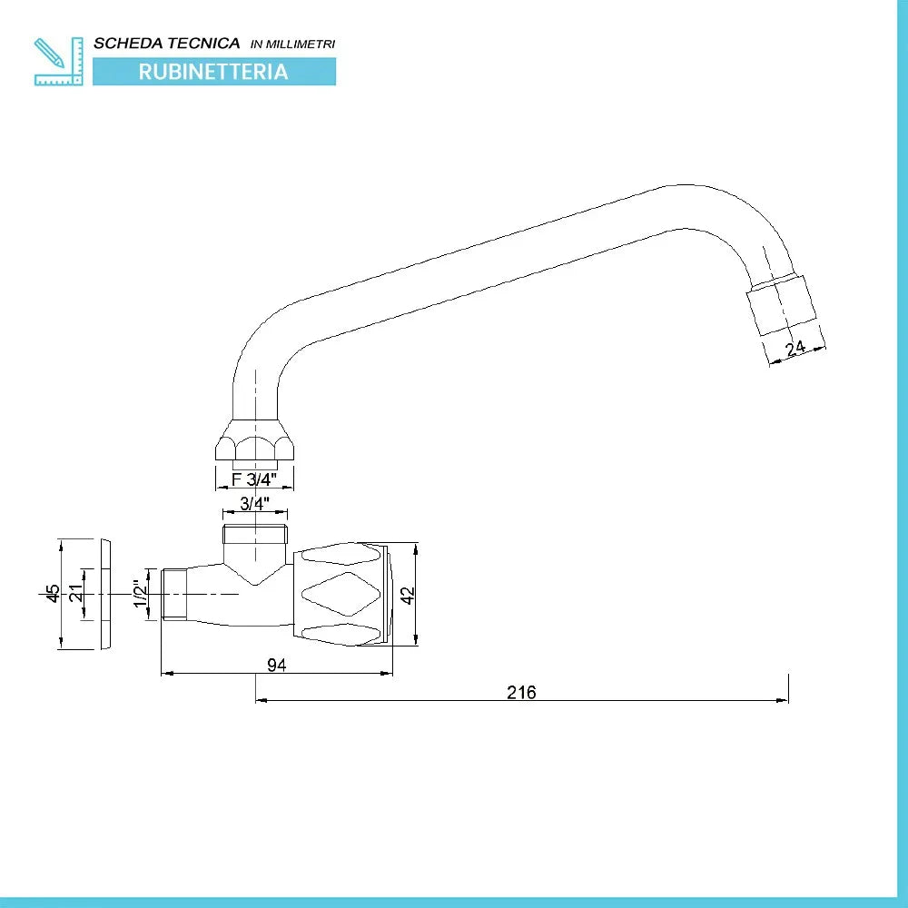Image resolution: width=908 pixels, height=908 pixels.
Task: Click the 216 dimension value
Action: point(521,692)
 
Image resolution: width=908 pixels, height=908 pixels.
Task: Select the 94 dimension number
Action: point(277,666)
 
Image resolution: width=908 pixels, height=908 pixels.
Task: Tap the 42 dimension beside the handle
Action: point(409,595)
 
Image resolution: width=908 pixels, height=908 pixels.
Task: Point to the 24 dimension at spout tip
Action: point(795,348)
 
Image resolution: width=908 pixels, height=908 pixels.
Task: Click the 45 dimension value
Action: point(53,593)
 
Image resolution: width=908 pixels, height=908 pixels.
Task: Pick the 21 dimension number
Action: point(76,593)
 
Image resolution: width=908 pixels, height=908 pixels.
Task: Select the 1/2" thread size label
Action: point(140,594)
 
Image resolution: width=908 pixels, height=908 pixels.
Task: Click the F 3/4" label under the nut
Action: point(254,479)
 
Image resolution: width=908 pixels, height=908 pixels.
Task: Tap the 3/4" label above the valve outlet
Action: point(255,503)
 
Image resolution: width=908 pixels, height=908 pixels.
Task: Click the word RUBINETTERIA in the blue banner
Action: point(213,72)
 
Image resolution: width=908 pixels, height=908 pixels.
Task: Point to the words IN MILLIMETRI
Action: point(293,44)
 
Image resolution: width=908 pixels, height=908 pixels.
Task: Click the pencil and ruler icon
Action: point(58,62)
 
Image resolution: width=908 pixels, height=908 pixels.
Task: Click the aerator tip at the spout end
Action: point(782,305)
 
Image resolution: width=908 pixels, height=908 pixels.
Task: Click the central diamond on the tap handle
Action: point(341,594)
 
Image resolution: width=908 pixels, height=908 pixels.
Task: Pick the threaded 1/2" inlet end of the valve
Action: point(174,594)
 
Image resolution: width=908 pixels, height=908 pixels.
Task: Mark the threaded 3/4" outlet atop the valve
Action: point(255,534)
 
